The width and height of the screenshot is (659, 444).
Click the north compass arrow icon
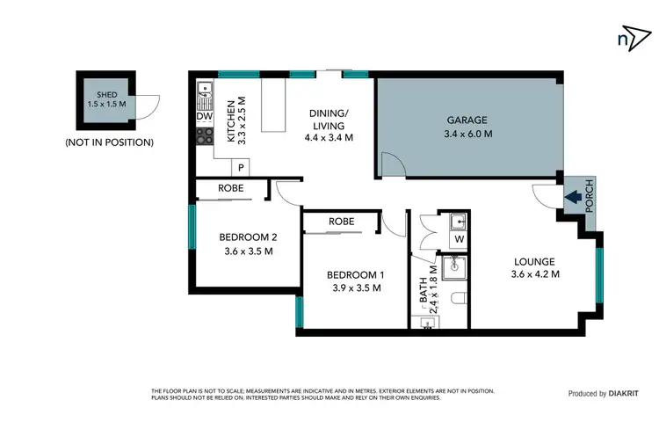pyautogui.click(x=626, y=38)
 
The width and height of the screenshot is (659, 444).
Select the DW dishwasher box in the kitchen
pyautogui.click(x=204, y=116)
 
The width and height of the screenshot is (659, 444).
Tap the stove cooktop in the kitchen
pyautogui.click(x=204, y=136)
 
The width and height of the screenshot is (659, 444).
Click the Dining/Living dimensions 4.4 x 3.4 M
pyautogui.click(x=329, y=137)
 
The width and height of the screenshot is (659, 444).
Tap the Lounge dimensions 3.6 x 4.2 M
pyautogui.click(x=535, y=274)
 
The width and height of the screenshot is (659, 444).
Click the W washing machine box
pyautogui.click(x=460, y=239)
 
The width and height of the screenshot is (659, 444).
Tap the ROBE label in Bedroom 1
pyautogui.click(x=342, y=222)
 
